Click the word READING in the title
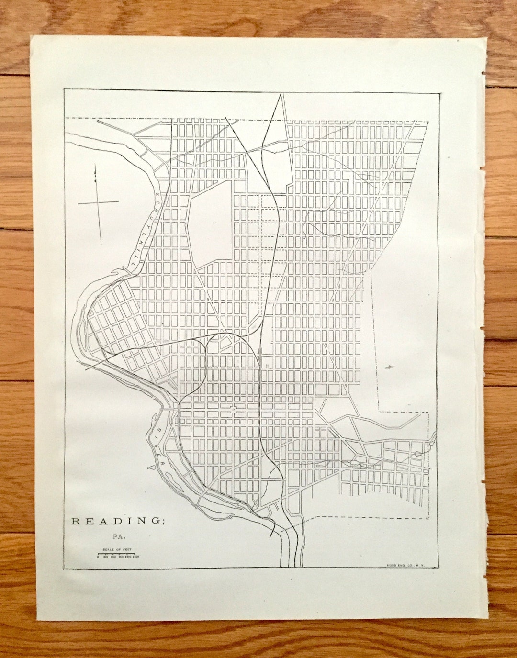pyautogui.click(x=117, y=521)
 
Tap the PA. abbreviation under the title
pyautogui.click(x=118, y=537)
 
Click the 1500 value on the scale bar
pyautogui.click(x=135, y=557)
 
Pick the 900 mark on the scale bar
pyautogui.click(x=121, y=557)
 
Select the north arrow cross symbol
pyautogui.click(x=99, y=203)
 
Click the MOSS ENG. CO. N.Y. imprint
pyautogui.click(x=404, y=565)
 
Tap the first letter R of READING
pyautogui.click(x=75, y=521)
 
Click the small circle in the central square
pyautogui.click(x=233, y=409)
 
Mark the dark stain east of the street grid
pyautogui.click(x=389, y=368)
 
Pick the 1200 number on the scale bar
pyautogui.click(x=128, y=557)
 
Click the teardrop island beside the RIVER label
pyautogui.click(x=152, y=464)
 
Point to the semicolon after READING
pyautogui.click(x=163, y=522)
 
